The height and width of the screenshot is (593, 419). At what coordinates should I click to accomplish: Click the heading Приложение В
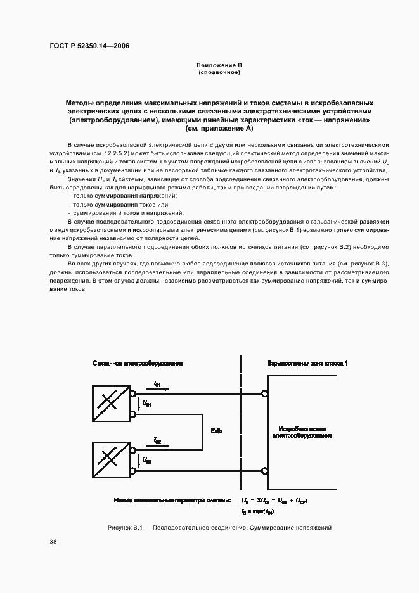point(218,65)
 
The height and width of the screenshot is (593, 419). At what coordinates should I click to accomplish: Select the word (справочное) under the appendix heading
point(218,72)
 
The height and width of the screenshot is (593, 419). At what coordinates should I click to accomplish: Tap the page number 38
point(53,542)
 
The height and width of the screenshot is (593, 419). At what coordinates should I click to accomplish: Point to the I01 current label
point(157,385)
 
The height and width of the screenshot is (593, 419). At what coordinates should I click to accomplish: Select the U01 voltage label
point(146,403)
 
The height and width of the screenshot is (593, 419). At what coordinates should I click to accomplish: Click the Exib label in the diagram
point(216,431)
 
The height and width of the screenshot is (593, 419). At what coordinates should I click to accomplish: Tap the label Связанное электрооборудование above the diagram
point(138,364)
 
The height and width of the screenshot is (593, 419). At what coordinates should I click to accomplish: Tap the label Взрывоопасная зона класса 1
point(307,364)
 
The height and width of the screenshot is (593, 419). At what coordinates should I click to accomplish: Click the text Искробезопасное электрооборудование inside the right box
point(302,433)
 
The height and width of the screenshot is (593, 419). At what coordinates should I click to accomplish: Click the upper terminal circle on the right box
point(264,393)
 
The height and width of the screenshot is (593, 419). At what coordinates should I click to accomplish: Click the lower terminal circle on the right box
point(264,471)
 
